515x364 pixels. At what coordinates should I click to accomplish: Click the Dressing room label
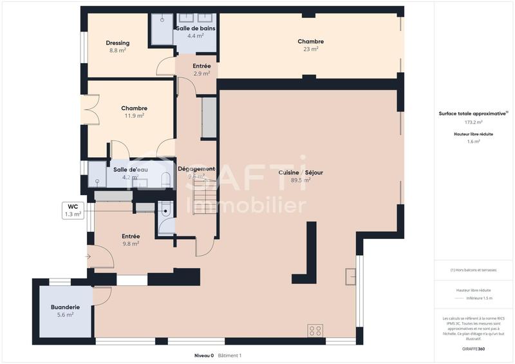[x=118, y=43]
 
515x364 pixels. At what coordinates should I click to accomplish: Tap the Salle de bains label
[x=196, y=28]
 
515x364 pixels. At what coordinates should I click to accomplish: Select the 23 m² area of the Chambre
[x=311, y=49]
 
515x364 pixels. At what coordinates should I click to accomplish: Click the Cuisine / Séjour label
[x=301, y=173]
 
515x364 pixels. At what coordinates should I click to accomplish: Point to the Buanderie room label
[x=66, y=307]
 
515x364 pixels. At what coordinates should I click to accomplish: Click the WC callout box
[x=73, y=210]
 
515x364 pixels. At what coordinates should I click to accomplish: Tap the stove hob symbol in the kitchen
[x=315, y=330]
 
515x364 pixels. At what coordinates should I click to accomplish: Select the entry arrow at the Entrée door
[x=88, y=257]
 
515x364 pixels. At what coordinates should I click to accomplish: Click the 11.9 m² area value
[x=135, y=116]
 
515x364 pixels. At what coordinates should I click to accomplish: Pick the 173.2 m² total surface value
[x=474, y=122]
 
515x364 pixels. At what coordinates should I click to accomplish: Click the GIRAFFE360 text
[x=474, y=349]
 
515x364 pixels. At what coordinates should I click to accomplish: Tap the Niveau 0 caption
[x=203, y=356]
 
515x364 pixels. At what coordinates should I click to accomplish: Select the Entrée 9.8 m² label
[x=131, y=236]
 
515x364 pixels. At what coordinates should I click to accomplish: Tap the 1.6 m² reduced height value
[x=474, y=141]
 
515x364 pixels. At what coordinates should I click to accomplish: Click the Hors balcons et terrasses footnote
[x=474, y=270]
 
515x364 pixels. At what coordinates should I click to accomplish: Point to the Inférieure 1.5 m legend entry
[x=480, y=298]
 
